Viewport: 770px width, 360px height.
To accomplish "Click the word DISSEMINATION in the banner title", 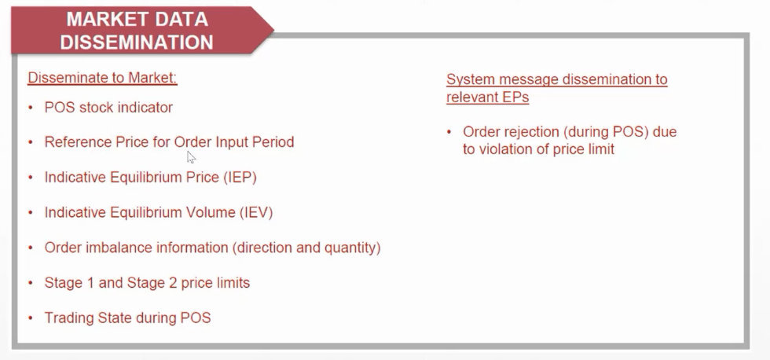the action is pos(137,42).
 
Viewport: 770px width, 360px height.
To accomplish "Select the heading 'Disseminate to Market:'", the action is pos(102,78).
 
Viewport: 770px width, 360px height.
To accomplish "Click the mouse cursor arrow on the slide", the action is pos(191,156).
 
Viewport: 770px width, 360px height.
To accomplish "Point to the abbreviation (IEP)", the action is pos(240,178).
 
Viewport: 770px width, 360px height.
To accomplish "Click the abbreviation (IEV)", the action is pos(256,213).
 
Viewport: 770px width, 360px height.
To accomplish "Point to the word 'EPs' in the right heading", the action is pos(515,97).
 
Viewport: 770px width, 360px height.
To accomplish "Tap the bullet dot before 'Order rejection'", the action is pos(449,132).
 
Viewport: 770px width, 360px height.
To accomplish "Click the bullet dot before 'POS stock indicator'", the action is pos(31,107).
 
